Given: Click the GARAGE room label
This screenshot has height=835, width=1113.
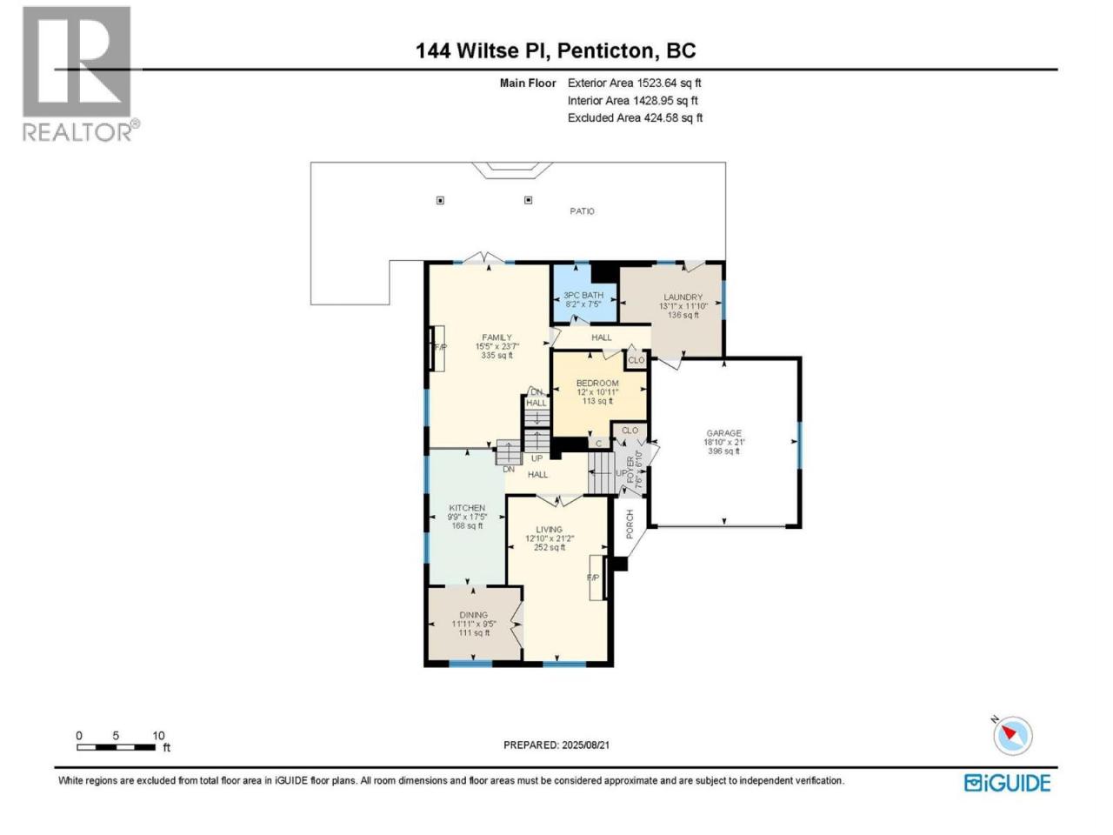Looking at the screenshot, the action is (x=723, y=433).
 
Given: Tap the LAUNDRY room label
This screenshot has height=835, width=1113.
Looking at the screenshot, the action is (x=683, y=297).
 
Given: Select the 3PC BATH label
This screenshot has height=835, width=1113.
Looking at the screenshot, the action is (x=583, y=295).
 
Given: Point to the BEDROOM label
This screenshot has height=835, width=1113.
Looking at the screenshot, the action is (x=597, y=384).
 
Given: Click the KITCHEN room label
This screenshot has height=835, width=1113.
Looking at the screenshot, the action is (x=467, y=507).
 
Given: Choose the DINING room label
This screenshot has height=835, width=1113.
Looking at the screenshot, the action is (x=474, y=615).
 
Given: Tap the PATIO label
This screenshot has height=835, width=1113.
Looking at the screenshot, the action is (x=582, y=210).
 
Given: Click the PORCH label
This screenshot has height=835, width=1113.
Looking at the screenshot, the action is (x=630, y=524).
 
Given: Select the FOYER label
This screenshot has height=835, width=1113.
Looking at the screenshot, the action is (x=630, y=470).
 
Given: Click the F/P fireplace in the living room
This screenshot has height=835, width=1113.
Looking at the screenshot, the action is (x=597, y=578).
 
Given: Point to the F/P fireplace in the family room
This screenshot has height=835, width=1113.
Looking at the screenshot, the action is (x=437, y=348).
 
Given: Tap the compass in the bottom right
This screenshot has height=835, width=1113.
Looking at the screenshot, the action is (x=1012, y=735).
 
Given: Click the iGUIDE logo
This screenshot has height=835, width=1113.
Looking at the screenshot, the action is (x=1007, y=784).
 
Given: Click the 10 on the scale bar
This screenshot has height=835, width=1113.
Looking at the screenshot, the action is (x=159, y=736).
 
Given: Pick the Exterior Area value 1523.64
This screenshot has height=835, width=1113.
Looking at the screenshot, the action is (x=657, y=83).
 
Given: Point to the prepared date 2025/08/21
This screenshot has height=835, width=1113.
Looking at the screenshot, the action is (x=586, y=745).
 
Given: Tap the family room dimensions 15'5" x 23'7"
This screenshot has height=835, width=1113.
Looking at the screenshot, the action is (x=497, y=346).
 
